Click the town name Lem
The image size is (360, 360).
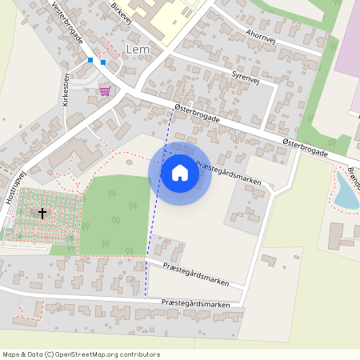(x=138, y=50)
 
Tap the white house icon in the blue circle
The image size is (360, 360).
(x=180, y=172)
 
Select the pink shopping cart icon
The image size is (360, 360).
(x=105, y=91)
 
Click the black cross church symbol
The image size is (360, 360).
(x=42, y=214)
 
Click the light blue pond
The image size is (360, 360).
(x=346, y=192)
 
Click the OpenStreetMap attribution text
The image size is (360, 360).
(x=81, y=354)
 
